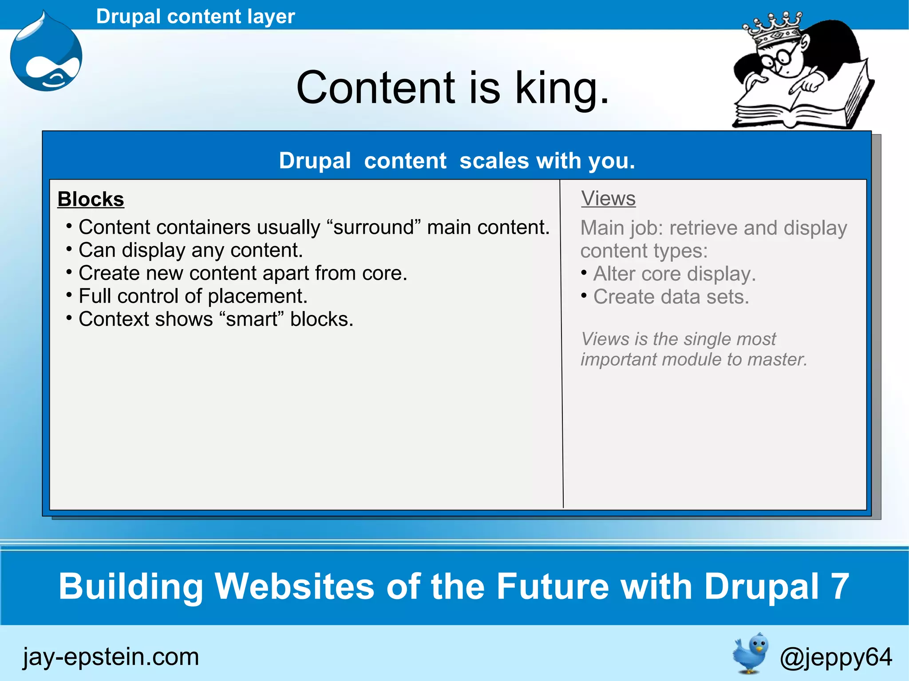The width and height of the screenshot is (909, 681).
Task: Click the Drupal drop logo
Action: pyautogui.click(x=46, y=55)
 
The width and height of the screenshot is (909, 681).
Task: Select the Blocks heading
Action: pyautogui.click(x=91, y=199)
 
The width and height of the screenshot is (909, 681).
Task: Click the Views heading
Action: pyautogui.click(x=609, y=198)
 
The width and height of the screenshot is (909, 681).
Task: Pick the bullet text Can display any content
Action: pyautogui.click(x=190, y=250)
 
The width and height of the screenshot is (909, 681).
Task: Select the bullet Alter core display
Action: pyautogui.click(x=674, y=274)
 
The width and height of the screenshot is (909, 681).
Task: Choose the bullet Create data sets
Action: pyautogui.click(x=671, y=297)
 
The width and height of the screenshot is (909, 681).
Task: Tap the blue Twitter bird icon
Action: pyautogui.click(x=751, y=653)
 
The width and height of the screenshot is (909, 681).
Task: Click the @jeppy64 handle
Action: pyautogui.click(x=835, y=657)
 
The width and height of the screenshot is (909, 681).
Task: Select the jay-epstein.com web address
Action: pyautogui.click(x=111, y=657)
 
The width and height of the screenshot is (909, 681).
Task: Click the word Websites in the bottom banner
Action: pyautogui.click(x=295, y=586)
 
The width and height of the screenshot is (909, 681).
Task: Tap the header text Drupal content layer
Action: pyautogui.click(x=195, y=16)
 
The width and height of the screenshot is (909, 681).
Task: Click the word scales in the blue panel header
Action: pyautogui.click(x=494, y=161)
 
